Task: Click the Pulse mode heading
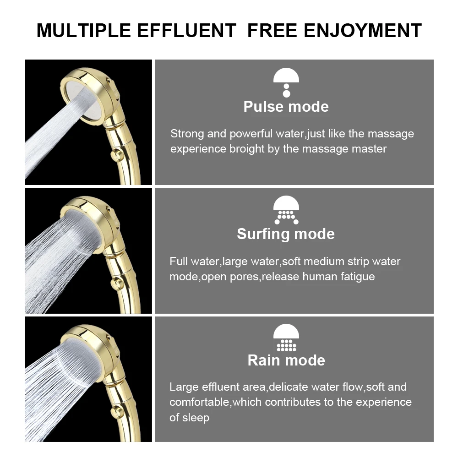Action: tap(286, 107)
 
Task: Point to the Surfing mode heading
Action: tap(286, 234)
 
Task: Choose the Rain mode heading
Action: tap(286, 360)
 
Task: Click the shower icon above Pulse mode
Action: tap(286, 82)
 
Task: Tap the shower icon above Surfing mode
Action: tap(286, 210)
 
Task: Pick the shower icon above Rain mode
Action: tap(286, 338)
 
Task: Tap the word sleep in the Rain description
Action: tap(196, 417)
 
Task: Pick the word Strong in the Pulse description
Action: tap(187, 134)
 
